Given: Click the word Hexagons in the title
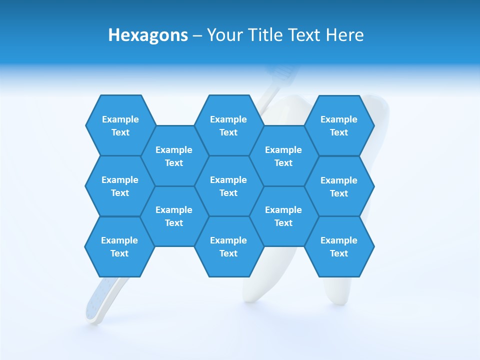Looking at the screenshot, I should [148, 35].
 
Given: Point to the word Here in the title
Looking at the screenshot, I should [344, 35].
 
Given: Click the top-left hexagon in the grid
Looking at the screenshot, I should [120, 125].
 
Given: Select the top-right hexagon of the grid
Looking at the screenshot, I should [339, 125].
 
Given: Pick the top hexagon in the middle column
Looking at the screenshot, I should [228, 125].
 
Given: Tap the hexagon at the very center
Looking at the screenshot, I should [228, 186].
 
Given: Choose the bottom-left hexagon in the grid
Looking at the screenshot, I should [119, 246].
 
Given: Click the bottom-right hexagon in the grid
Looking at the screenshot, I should [339, 246].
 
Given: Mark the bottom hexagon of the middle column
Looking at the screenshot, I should [228, 246].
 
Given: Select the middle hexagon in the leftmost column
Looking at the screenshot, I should [120, 186].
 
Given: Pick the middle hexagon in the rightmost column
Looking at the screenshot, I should [339, 186].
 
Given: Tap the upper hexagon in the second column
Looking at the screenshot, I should [174, 156].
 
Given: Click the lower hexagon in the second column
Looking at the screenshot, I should [174, 216].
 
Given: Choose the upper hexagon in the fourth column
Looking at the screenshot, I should [283, 156].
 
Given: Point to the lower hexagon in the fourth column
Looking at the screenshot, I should [283, 216].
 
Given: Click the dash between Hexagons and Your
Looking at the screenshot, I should [197, 36].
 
